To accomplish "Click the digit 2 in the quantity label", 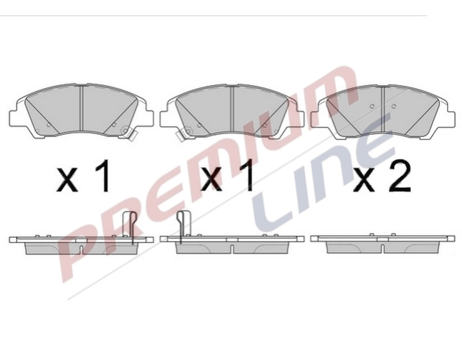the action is (x=399, y=177).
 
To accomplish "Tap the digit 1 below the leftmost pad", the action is (x=103, y=176).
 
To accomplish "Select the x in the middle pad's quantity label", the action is (x=211, y=180).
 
